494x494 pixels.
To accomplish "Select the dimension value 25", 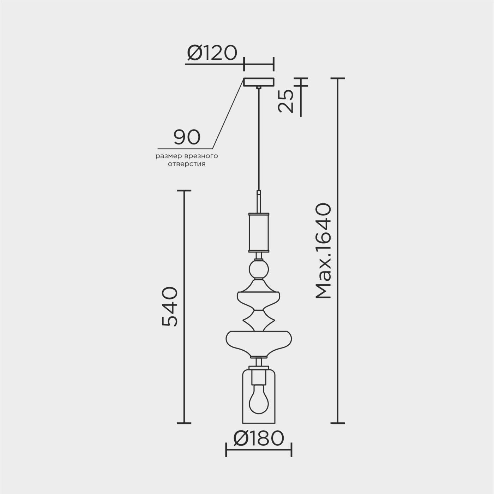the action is pyautogui.click(x=285, y=101).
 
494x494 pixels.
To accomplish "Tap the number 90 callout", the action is pyautogui.click(x=187, y=137).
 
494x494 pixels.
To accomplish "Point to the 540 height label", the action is pyautogui.click(x=169, y=306).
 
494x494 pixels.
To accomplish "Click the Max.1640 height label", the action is pyautogui.click(x=323, y=251).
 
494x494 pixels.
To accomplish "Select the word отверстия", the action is pyautogui.click(x=187, y=164).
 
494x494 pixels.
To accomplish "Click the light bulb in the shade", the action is pyautogui.click(x=259, y=403).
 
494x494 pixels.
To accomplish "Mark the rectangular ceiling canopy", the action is pyautogui.click(x=259, y=82).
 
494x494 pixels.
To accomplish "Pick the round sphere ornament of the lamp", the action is pyautogui.click(x=259, y=270).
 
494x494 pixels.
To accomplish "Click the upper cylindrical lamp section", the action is pyautogui.click(x=259, y=232).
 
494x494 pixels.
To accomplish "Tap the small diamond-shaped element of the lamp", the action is pyautogui.click(x=259, y=320).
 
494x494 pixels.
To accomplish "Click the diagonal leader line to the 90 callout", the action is pyautogui.click(x=228, y=114).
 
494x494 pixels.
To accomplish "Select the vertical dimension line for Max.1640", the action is pyautogui.click(x=337, y=250).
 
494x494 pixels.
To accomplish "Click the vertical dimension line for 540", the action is pyautogui.click(x=184, y=306).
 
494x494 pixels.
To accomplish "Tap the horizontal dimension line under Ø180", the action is pyautogui.click(x=259, y=450).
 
